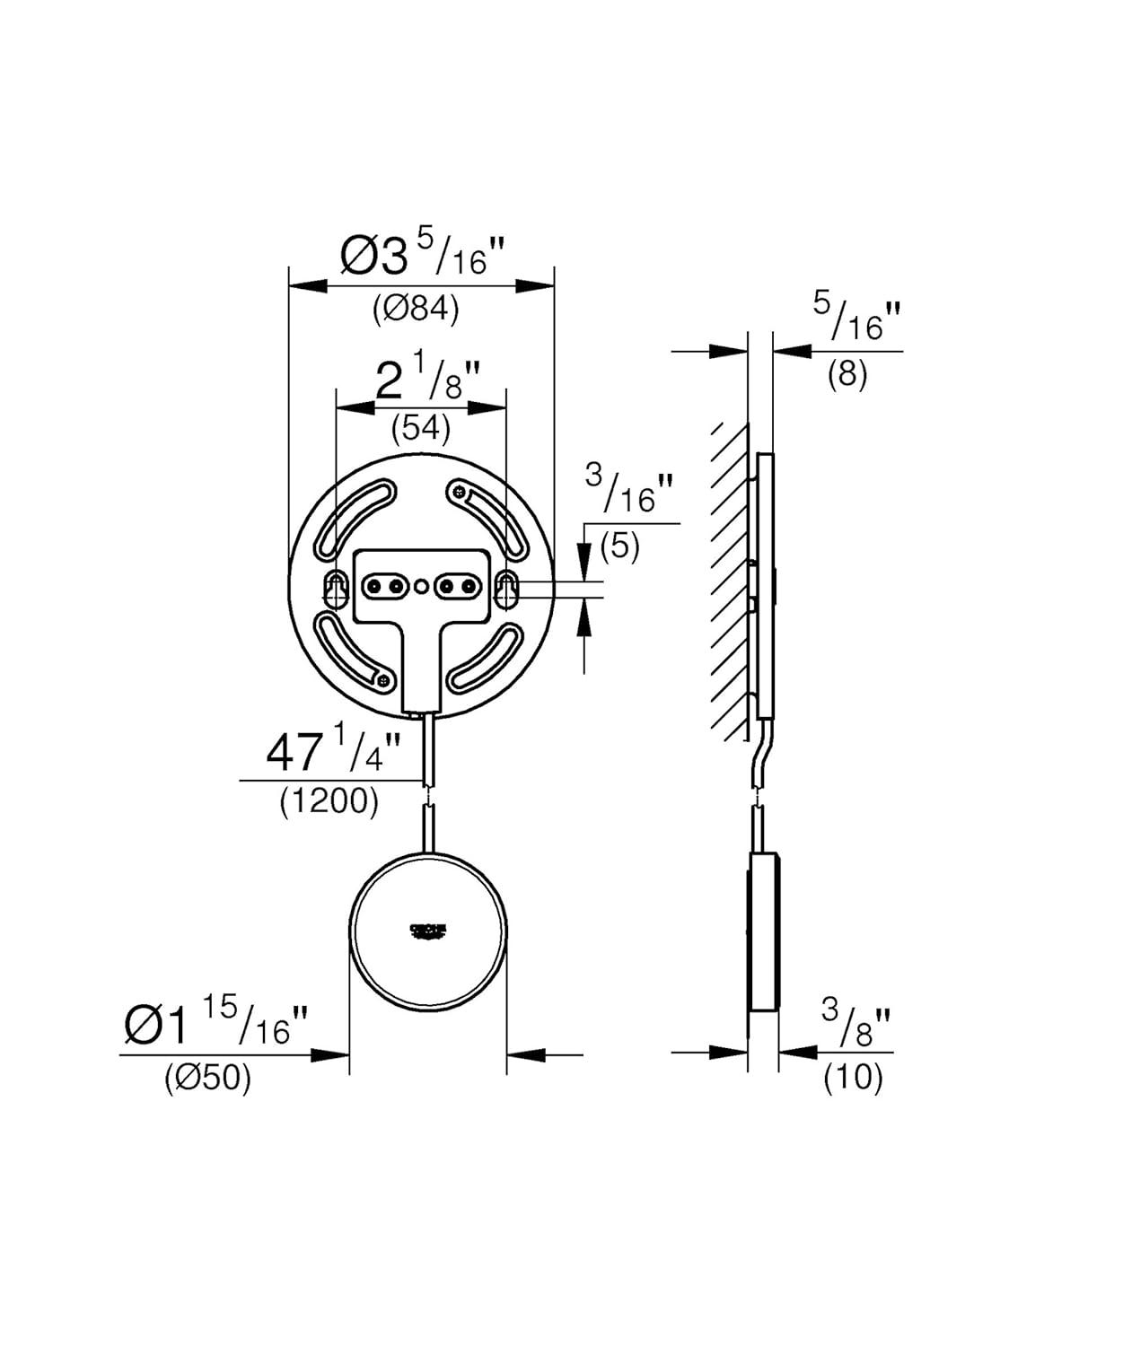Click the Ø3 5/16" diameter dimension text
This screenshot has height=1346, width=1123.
(422, 255)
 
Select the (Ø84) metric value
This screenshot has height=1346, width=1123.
(416, 309)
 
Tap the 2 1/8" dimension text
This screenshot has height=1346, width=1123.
(427, 380)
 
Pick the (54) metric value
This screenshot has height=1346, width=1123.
(420, 428)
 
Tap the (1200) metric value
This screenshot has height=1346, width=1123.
(329, 800)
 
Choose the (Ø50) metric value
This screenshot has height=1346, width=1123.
(207, 1078)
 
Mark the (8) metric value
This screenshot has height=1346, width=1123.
(847, 373)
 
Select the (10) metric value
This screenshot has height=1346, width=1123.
(853, 1077)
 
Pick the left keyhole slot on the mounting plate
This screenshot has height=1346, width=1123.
(336, 588)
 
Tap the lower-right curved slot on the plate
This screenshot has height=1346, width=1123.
(487, 659)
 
